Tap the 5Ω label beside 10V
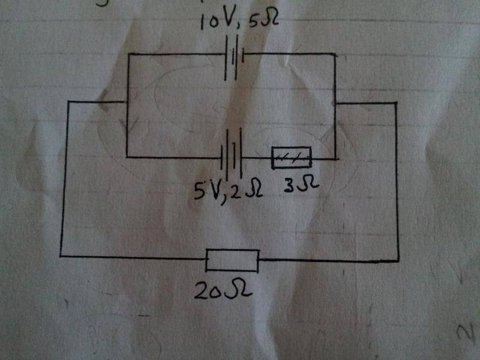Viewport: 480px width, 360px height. tap(263, 20)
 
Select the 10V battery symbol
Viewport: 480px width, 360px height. tap(235, 58)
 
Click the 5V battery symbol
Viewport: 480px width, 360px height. tap(232, 154)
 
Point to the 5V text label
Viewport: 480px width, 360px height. tap(208, 191)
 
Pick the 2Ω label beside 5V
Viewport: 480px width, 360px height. tap(247, 190)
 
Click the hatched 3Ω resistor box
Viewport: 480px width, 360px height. tap(292, 158)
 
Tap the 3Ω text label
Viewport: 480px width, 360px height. tap(302, 185)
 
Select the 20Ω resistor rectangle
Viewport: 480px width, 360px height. tap(232, 260)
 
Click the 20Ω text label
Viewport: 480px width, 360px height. tap(223, 290)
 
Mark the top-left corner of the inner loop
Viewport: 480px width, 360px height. tap(128, 55)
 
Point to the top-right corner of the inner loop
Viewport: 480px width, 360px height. tap(335, 55)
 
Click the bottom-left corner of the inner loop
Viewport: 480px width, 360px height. tap(127, 157)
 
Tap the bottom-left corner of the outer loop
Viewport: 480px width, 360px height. tap(61, 256)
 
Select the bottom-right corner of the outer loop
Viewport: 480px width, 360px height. tap(398, 261)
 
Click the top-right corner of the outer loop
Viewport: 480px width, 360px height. tap(397, 103)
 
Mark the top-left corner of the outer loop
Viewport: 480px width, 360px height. tap(68, 101)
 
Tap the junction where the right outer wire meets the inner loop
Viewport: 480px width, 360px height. tap(335, 104)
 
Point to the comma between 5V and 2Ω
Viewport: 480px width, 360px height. tap(225, 200)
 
